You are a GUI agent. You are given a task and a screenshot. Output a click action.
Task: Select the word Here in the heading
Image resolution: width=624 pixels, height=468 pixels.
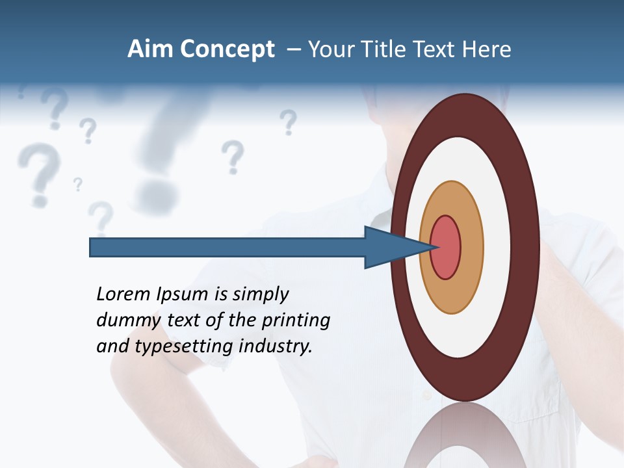487,49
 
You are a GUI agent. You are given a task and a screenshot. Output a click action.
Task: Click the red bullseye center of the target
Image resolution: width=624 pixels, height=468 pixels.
446,247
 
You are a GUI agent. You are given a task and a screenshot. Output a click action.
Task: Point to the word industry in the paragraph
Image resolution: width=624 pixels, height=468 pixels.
276,346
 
